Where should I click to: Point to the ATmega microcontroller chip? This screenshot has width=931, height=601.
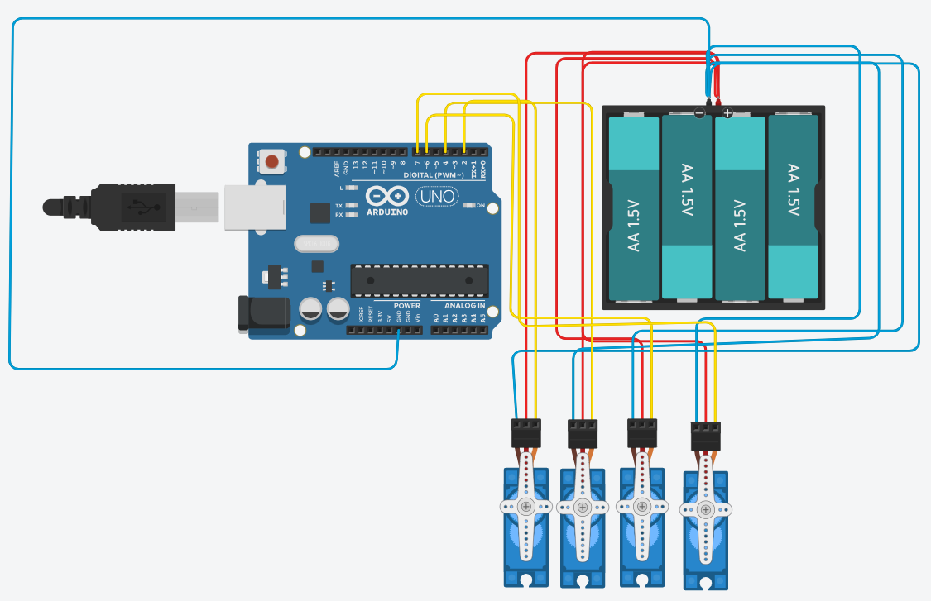coord(415,280)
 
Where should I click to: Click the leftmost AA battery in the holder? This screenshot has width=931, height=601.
coord(633,207)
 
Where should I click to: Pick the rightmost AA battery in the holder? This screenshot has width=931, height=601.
coord(794,207)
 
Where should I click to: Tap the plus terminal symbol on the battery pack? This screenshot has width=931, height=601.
coord(727,112)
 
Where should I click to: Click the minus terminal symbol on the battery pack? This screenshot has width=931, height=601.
coord(700,112)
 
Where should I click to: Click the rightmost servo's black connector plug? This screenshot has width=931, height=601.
coord(705,436)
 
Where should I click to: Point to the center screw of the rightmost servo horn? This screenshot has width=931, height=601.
coord(705,509)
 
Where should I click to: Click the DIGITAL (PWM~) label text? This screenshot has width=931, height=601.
coord(434,175)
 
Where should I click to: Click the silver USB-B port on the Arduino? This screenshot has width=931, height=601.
coord(252,207)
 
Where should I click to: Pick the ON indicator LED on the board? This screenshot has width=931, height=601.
coord(469,205)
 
